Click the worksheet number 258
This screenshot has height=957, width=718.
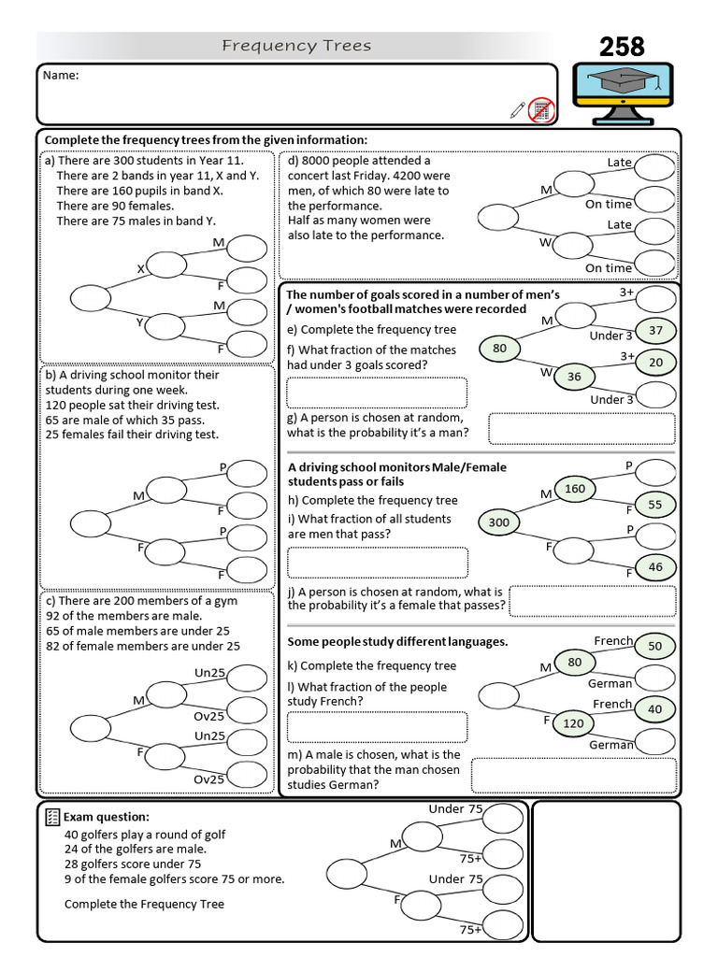622,46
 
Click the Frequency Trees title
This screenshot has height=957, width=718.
296,46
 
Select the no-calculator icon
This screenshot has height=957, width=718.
540,109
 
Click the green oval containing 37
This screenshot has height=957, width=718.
655,331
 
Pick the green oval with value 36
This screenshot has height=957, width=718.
574,377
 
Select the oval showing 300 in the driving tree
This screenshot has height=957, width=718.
499,522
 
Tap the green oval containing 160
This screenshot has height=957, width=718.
575,488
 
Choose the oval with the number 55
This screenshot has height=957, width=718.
655,505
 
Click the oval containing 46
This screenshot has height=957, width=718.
655,566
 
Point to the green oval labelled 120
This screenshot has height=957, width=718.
573,722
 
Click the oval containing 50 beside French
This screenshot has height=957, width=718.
655,646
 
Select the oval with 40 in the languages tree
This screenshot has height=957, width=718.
655,709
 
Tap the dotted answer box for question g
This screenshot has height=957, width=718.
582,428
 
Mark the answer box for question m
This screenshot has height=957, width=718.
573,775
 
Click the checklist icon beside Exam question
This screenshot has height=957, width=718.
53,817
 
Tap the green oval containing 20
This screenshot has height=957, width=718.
655,363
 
